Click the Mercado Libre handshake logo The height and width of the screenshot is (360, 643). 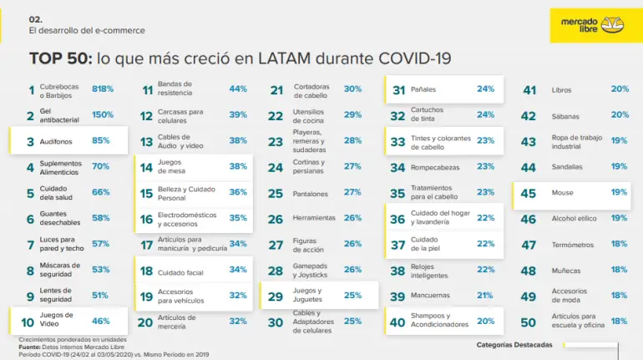612,24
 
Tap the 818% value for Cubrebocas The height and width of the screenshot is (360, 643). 103,89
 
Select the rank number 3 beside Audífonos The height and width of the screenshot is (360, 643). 30,142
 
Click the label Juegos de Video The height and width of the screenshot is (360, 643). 56,319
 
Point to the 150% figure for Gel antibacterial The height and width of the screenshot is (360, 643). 103,114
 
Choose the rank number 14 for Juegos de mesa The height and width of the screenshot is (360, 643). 146,168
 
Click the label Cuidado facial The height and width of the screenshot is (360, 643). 180,272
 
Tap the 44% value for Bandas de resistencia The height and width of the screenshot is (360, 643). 238,89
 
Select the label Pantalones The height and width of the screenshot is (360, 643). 310,194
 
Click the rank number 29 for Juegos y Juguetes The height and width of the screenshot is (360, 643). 276,297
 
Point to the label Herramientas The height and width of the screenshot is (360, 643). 314,218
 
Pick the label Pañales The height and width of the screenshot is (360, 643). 423,89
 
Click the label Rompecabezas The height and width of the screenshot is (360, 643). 435,167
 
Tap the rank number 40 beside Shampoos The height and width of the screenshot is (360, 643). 397,322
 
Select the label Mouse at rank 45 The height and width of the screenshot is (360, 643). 562,193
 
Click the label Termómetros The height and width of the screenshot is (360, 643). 573,245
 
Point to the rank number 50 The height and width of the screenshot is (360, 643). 528,322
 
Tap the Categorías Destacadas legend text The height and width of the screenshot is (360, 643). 514,345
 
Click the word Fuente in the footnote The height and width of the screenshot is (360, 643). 29,347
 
